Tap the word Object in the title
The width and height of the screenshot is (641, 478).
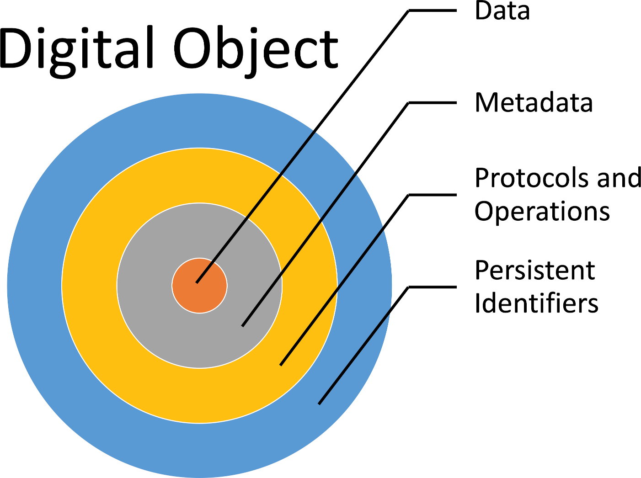[256, 50]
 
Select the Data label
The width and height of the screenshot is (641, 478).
[502, 11]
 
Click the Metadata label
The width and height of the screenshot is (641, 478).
[534, 102]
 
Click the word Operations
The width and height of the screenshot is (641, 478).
[542, 212]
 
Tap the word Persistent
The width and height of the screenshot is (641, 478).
[534, 270]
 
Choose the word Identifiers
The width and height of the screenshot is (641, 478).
[536, 303]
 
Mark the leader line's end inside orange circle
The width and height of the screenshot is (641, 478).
[198, 281]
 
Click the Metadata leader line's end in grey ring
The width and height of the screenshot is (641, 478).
[243, 325]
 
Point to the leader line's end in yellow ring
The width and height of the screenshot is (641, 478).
[281, 364]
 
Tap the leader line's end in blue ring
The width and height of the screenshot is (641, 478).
[320, 403]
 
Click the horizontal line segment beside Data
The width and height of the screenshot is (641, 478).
[432, 10]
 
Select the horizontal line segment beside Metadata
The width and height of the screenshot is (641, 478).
[432, 103]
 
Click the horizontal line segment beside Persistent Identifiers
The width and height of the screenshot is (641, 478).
[432, 287]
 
